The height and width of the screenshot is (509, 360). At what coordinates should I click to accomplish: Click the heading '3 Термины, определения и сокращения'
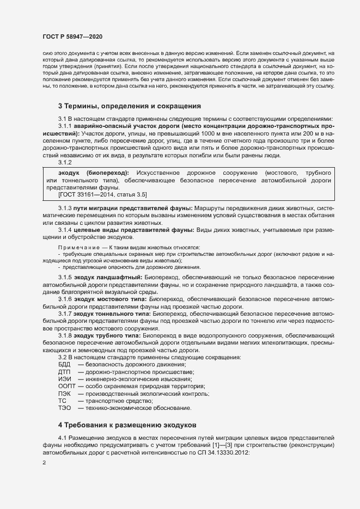point(130,106)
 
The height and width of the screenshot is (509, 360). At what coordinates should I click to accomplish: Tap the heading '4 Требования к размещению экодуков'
point(127,424)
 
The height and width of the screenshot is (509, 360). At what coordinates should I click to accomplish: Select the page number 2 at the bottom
point(44,463)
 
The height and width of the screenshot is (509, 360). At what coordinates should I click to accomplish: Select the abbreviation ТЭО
point(65,408)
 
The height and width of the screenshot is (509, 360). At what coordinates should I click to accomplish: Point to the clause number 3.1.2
point(65,162)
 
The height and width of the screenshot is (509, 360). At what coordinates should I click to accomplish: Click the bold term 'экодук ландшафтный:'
point(107,278)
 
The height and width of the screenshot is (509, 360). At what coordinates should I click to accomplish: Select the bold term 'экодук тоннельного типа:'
point(113,315)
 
